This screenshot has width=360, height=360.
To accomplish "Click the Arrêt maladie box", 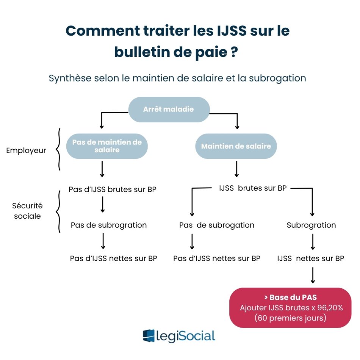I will (169, 110).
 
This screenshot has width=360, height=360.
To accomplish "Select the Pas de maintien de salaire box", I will (107, 146).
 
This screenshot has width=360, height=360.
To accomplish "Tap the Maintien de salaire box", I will (236, 146).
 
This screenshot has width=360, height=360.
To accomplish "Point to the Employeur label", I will (26, 150).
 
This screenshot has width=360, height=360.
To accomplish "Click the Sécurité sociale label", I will (28, 211).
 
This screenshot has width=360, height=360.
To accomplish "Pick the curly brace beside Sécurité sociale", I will (58, 211).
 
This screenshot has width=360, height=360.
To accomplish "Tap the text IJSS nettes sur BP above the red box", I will (311, 258).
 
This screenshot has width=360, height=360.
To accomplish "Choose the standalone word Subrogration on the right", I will (311, 225).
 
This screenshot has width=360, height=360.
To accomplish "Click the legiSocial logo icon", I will (149, 336).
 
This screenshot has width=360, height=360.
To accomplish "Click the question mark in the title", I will (234, 52).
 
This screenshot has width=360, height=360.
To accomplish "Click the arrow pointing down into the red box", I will (313, 275).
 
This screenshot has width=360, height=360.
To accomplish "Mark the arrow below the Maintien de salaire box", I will (236, 169).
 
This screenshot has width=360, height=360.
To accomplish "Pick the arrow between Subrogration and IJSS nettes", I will (313, 241).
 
